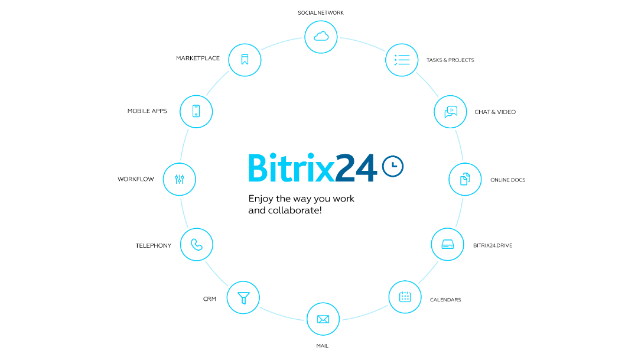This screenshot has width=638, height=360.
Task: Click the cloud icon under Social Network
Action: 321,37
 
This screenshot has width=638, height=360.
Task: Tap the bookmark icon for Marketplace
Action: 245,60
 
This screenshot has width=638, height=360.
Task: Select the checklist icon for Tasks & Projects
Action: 402,60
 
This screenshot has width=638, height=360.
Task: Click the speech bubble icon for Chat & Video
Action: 451,112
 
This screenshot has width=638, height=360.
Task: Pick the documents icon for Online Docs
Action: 465,179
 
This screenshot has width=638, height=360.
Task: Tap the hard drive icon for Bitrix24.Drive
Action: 448,244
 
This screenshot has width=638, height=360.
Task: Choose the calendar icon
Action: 405,297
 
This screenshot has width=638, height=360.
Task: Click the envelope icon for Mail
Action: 323,319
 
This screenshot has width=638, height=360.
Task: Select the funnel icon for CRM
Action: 243,298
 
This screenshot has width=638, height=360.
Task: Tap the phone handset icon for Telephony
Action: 197,244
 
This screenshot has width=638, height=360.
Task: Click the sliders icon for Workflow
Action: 180,179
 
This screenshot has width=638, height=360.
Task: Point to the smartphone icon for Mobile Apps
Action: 196,111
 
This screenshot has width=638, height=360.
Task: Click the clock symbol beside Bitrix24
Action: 393,166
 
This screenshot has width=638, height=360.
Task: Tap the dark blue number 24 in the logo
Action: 356,167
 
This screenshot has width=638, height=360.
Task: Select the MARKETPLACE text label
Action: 198,59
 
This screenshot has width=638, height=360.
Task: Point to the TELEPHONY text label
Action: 154,245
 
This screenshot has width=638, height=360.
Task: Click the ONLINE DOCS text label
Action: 508,180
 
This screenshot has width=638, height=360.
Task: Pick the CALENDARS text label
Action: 445,300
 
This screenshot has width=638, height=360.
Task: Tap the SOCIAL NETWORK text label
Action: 321,13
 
